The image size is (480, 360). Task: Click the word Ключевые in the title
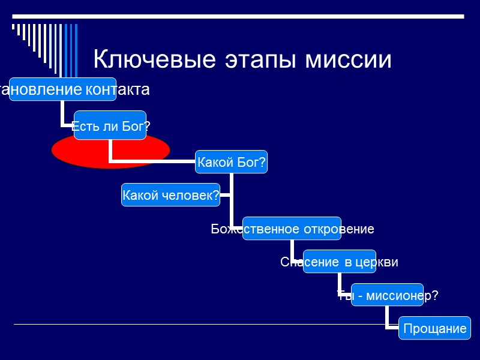(x=155, y=60)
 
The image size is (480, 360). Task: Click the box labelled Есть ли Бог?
(x=110, y=125)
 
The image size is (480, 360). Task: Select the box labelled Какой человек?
(x=170, y=194)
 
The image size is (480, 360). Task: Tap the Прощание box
(x=434, y=328)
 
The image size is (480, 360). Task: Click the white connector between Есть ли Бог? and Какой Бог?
(x=150, y=161)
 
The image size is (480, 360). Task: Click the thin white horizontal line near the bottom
(x=180, y=324)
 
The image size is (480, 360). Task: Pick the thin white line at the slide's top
(x=240, y=14)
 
